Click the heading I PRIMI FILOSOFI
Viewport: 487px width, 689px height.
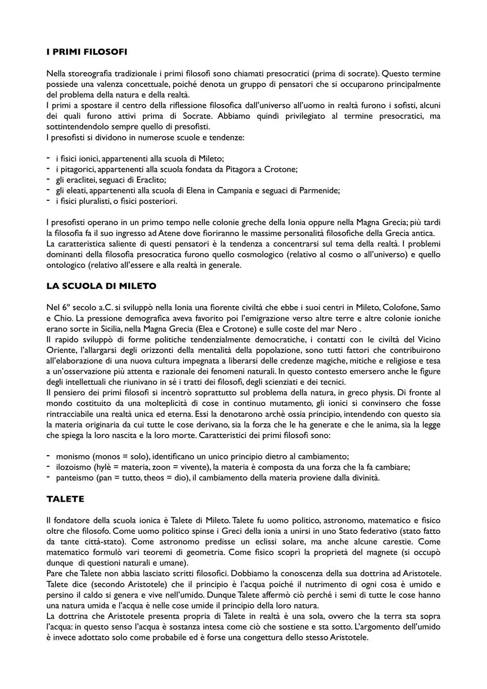point(87,52)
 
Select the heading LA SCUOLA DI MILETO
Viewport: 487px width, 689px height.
point(101,286)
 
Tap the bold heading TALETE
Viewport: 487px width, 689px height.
point(65,499)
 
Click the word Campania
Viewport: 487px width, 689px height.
point(235,190)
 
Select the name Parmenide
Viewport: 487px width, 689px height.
point(319,190)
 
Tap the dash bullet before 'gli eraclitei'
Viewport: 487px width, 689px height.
point(48,180)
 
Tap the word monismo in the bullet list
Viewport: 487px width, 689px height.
point(73,457)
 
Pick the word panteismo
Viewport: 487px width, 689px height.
point(75,477)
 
